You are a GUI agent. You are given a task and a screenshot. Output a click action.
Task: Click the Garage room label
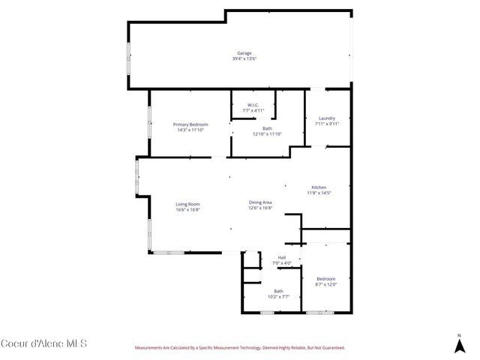[244, 53]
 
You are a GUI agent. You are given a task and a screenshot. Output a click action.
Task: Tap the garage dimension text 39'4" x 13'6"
[244, 58]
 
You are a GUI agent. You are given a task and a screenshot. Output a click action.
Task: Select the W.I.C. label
[253, 105]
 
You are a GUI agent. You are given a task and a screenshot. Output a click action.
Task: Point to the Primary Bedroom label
[190, 124]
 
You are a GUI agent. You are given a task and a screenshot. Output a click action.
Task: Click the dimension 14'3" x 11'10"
[190, 130]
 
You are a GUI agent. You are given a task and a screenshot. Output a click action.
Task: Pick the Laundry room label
[326, 118]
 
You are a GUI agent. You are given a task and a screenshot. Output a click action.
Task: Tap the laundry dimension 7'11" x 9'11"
[326, 124]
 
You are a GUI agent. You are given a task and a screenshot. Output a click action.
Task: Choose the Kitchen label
[319, 187]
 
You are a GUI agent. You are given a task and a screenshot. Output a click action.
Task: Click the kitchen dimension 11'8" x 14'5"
[319, 193]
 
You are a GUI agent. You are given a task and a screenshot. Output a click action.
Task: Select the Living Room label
[187, 204]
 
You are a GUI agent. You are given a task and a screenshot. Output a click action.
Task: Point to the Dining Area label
[260, 202]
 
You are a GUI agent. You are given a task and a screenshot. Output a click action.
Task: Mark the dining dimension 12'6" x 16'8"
[260, 208]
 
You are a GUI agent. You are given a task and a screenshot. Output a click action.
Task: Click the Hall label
[282, 258]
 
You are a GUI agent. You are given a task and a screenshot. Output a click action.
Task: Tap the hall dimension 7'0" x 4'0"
[282, 263]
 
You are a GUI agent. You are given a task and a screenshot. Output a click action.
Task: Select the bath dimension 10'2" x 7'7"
[278, 296]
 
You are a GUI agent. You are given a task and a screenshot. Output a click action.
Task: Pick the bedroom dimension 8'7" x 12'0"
[325, 284]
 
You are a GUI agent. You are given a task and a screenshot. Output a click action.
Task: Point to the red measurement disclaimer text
[239, 348]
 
